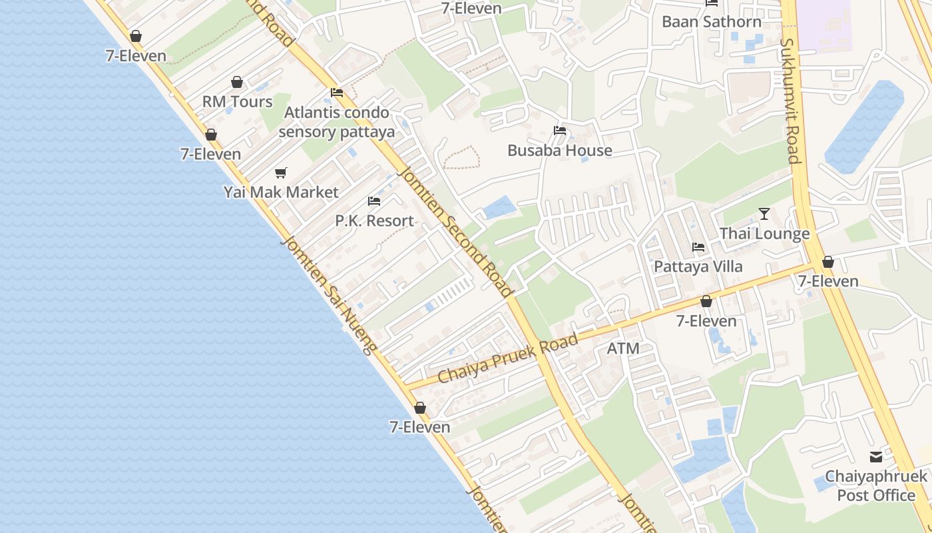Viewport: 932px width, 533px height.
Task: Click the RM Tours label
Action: point(238,102)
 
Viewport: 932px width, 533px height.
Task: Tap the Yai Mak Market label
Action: point(281,193)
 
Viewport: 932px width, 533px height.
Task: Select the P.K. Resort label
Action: point(374,221)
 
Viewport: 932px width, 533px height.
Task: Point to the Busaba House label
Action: point(560,151)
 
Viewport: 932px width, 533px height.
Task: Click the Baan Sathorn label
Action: point(712,21)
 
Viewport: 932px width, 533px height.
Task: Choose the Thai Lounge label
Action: point(764,234)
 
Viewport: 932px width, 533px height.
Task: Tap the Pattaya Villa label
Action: point(698,266)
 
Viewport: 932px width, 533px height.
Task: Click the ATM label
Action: point(624,348)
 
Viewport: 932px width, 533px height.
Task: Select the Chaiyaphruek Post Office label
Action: point(876,486)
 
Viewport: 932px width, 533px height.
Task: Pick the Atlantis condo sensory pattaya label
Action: point(337,122)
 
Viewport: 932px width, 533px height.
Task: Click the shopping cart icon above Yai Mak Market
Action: point(281,173)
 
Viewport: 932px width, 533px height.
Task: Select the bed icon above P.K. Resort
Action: point(374,201)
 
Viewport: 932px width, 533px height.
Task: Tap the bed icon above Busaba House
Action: point(560,131)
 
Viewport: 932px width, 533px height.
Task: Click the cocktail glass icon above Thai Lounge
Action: point(764,214)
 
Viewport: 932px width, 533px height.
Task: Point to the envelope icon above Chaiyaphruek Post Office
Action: point(876,457)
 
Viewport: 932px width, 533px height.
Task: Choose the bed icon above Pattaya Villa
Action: point(698,247)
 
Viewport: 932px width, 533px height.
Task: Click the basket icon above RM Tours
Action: point(237,82)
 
